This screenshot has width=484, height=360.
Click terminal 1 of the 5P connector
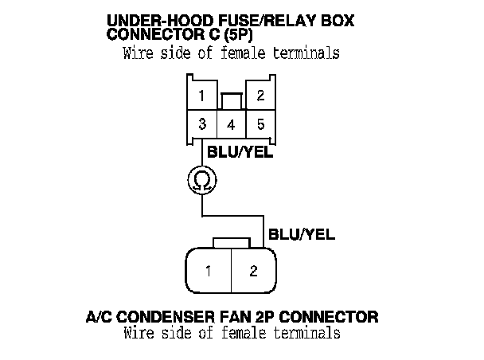pyautogui.click(x=202, y=96)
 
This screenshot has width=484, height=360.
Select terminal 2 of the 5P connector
pyautogui.click(x=260, y=96)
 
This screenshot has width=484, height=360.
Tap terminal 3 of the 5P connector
pyautogui.click(x=202, y=125)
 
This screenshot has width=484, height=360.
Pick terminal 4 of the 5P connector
pyautogui.click(x=231, y=125)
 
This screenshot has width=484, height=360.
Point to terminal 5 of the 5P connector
pyautogui.click(x=260, y=125)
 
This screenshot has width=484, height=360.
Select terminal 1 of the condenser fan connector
pyautogui.click(x=208, y=271)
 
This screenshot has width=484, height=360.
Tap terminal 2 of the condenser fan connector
pyautogui.click(x=253, y=271)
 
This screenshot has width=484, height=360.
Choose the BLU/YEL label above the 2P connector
pyautogui.click(x=301, y=235)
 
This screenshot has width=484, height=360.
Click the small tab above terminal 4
pyautogui.click(x=231, y=102)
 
